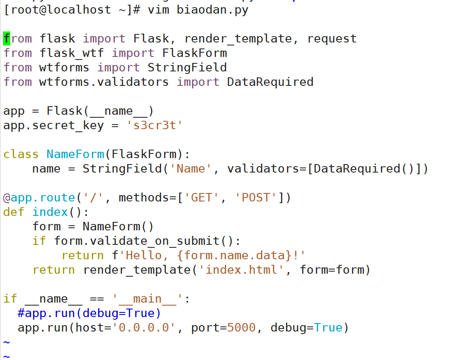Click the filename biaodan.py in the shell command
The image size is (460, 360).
tap(213, 10)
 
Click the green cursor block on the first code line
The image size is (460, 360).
tap(6, 39)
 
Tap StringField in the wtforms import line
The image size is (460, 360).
tap(187, 68)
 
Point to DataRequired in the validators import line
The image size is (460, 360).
tap(270, 82)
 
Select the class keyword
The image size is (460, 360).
tap(21, 154)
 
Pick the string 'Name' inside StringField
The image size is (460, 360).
tap(191, 169)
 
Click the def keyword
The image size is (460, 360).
tap(14, 212)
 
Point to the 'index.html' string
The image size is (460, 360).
tap(241, 270)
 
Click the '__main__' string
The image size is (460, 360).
tap(148, 299)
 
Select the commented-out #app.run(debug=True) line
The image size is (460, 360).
tap(89, 313)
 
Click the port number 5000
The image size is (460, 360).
tap(241, 328)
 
